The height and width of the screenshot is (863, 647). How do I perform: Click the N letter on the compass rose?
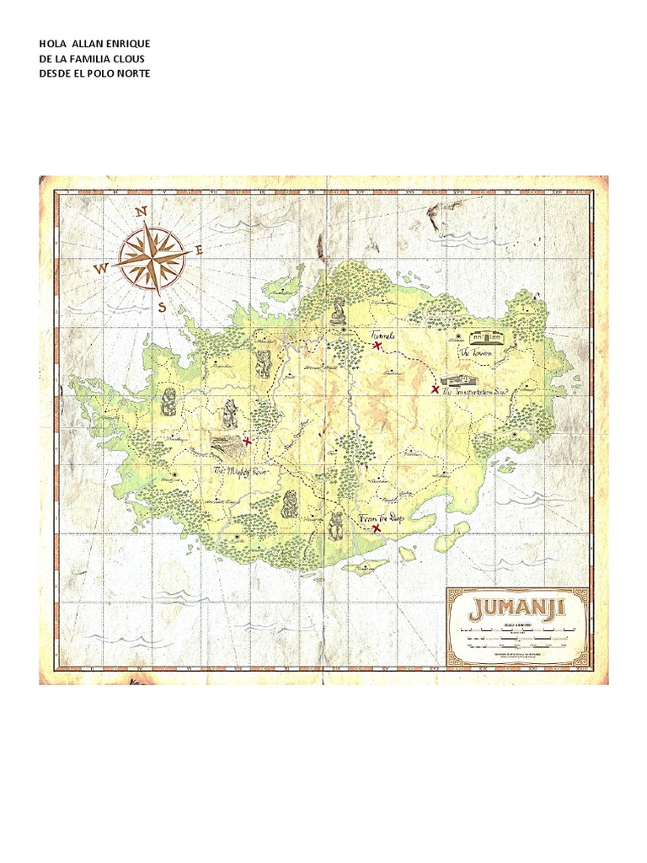pos(142,211)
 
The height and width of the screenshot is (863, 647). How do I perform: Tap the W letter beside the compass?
pos(101,269)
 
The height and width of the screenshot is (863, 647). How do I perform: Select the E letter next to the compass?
pos(200,249)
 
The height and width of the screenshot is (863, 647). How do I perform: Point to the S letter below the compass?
pos(162,308)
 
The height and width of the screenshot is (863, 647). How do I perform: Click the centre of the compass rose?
pos(152,257)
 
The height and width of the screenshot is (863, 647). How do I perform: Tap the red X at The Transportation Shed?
pos(435,389)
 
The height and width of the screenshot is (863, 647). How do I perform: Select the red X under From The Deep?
pos(376,529)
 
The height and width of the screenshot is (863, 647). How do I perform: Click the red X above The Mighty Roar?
pos(247,441)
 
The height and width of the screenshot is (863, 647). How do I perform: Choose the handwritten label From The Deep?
pos(382,517)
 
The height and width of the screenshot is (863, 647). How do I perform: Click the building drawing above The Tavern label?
pos(485,337)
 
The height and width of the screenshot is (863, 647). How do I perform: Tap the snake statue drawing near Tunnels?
pos(338,311)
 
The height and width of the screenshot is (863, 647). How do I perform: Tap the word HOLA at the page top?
pos(53,43)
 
